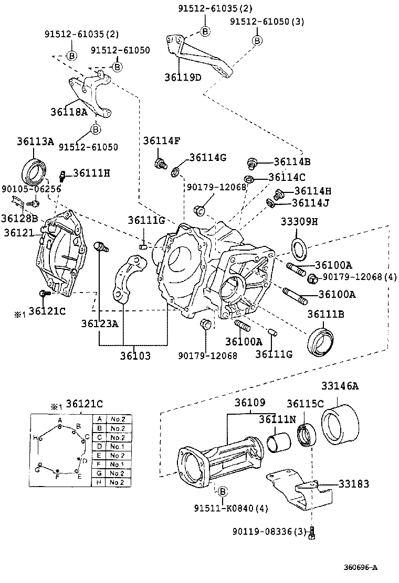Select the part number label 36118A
[69, 112]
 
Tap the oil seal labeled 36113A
[35, 168]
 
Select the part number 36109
[249, 403]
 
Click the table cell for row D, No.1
[117, 446]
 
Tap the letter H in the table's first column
[99, 482]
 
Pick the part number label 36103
[134, 355]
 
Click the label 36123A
[99, 323]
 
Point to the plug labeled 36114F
[160, 164]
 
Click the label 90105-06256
[31, 189]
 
